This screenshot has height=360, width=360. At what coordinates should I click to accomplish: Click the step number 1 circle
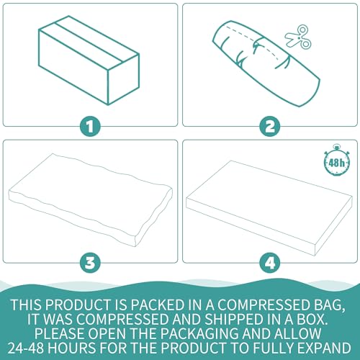click(90, 127)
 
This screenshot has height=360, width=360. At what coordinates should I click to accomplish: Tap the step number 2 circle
click(270, 127)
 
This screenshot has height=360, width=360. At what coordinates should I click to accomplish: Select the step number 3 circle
click(90, 263)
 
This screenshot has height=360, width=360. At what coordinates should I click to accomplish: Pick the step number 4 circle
click(270, 263)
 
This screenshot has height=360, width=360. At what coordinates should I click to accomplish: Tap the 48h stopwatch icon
click(337, 161)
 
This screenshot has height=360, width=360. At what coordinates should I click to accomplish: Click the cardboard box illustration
click(89, 60)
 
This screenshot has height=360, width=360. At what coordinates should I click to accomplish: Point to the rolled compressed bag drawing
click(266, 64)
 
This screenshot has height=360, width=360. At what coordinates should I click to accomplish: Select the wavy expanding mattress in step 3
click(91, 200)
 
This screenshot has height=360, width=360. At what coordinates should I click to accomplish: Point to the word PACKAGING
click(200, 333)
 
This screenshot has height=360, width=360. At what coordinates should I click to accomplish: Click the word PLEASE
click(60, 333)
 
